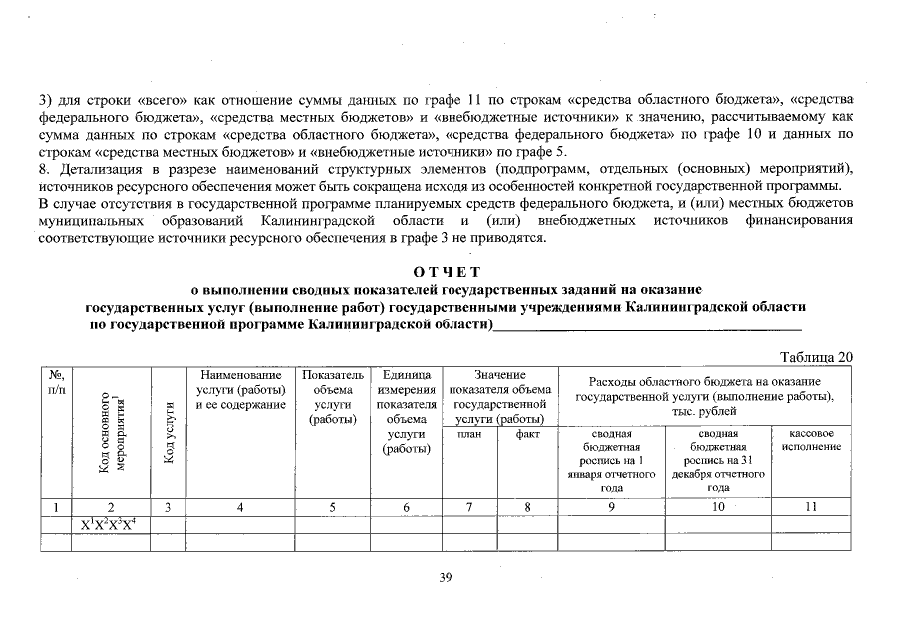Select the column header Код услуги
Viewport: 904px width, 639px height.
169,433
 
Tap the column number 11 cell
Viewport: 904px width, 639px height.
811,507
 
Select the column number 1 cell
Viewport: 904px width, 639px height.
54,507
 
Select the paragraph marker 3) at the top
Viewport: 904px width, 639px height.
45,99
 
